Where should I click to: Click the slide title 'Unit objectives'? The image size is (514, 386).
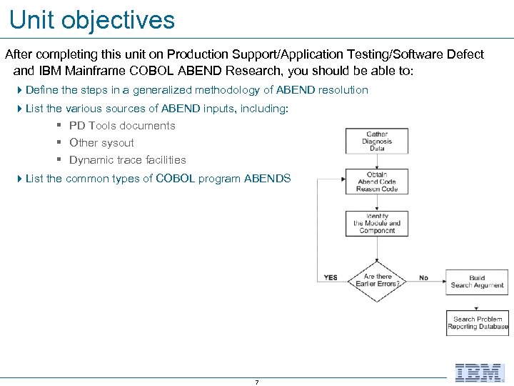(x=92, y=20)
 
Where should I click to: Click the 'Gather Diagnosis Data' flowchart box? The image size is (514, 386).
(x=377, y=141)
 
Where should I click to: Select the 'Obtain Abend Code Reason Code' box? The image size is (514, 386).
(x=377, y=182)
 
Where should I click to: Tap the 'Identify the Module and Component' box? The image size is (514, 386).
(x=377, y=223)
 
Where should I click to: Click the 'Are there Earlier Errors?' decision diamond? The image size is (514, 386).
(x=378, y=280)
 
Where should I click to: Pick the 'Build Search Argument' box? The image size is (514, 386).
(x=477, y=282)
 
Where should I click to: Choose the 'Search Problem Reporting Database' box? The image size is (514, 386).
(x=477, y=323)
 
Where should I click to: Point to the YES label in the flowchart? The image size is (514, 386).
(x=331, y=277)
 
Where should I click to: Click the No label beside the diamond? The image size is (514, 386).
(x=424, y=277)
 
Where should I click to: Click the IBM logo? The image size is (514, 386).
(x=480, y=372)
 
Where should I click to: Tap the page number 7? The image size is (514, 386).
(x=256, y=382)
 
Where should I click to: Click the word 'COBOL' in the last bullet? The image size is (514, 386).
(x=175, y=179)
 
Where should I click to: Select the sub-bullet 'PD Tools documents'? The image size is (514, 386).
(x=122, y=126)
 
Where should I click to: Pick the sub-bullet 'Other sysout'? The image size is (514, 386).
(x=101, y=143)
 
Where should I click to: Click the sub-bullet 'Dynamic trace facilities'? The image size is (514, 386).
(x=127, y=160)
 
